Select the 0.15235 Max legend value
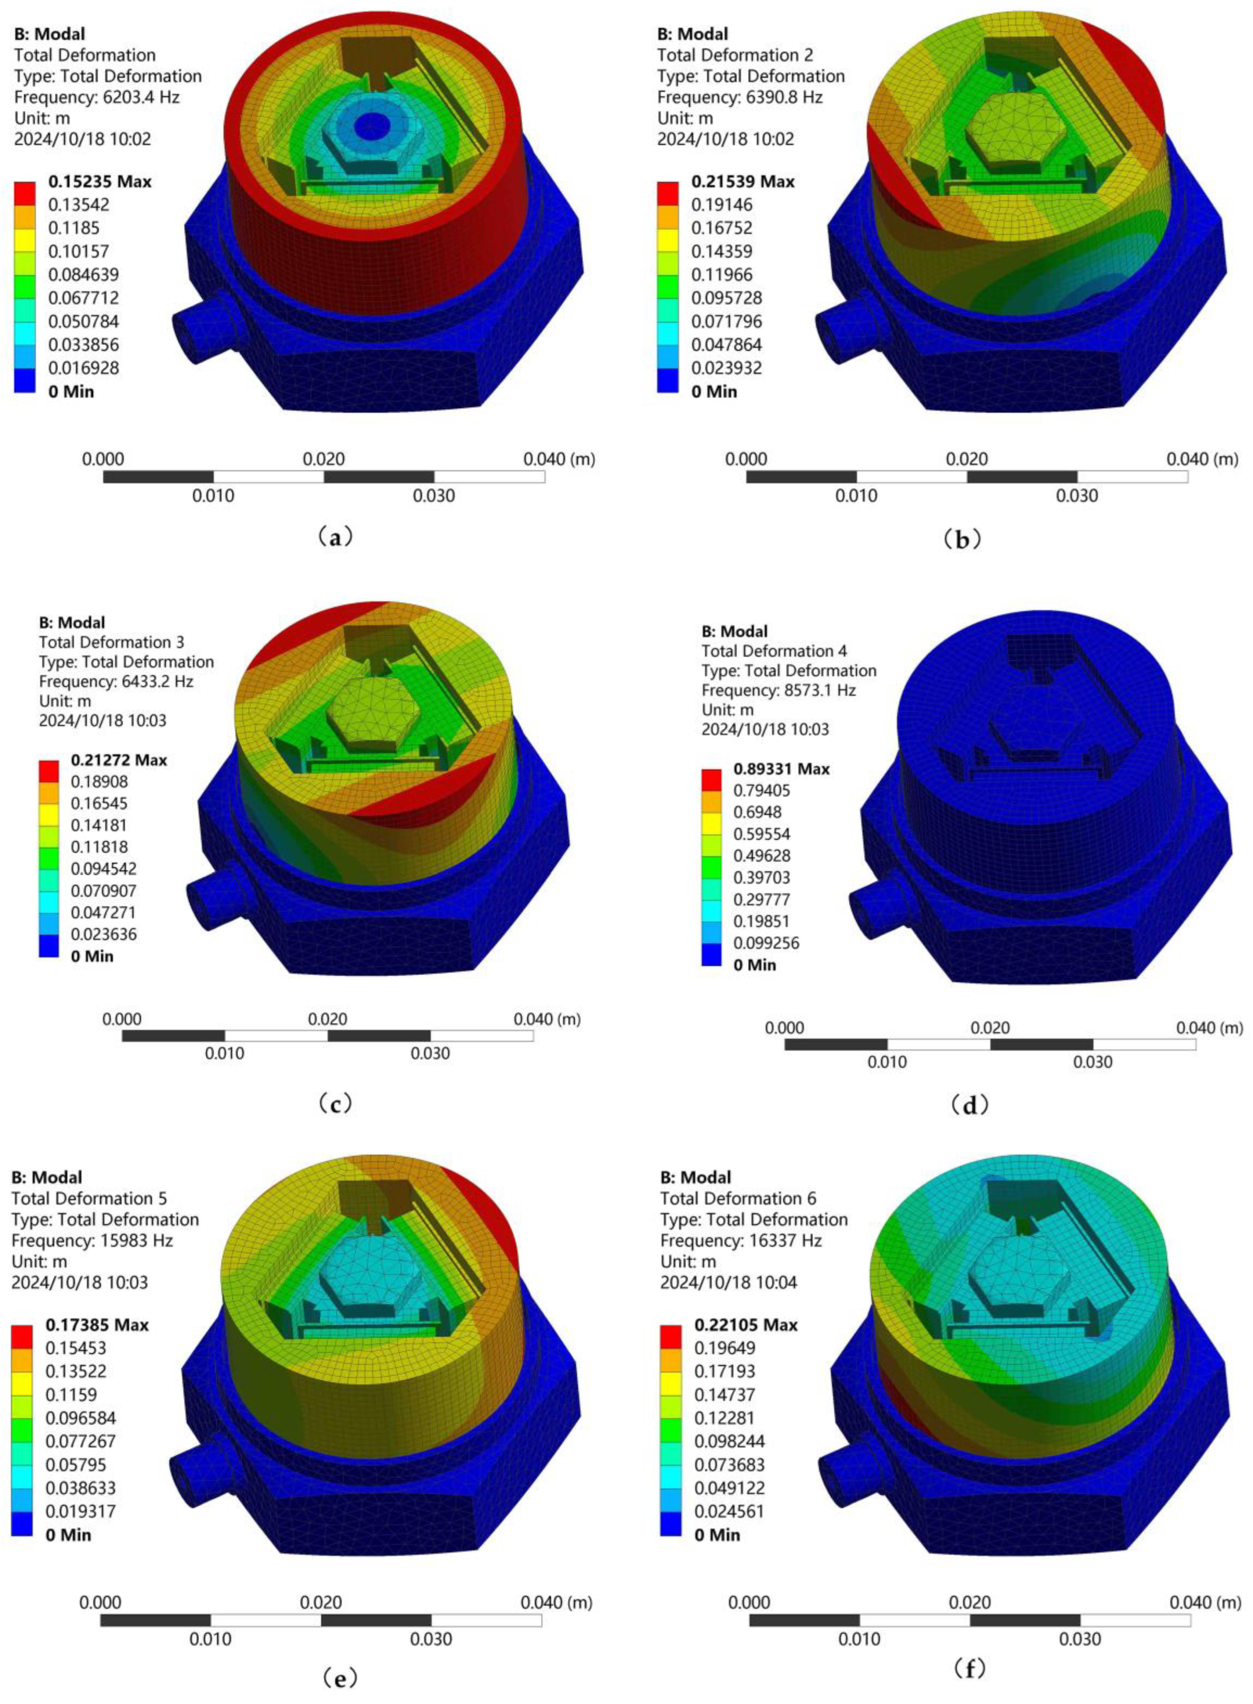coord(100,181)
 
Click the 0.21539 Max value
coord(743,181)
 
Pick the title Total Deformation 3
coord(112,642)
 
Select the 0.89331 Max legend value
coord(781,768)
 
